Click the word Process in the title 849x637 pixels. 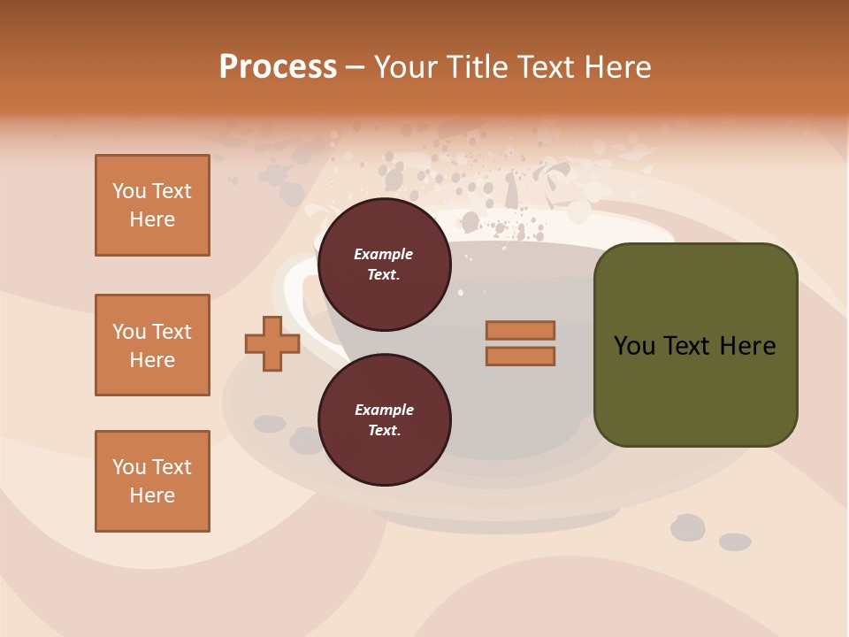(278, 67)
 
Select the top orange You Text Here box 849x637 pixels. (152, 205)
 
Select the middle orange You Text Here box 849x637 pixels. (152, 345)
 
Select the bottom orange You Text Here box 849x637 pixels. (152, 481)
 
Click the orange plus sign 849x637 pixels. (272, 344)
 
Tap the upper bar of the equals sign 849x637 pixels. (520, 331)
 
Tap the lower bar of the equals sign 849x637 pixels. (520, 356)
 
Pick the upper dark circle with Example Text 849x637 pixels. (384, 265)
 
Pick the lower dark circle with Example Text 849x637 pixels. (384, 420)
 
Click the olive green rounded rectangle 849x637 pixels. (695, 389)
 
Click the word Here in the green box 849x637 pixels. (747, 346)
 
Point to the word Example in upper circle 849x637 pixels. (384, 254)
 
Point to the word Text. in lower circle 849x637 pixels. (384, 431)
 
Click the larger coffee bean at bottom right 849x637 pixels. (687, 527)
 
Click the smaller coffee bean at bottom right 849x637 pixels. (735, 541)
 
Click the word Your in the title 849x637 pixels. (402, 67)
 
